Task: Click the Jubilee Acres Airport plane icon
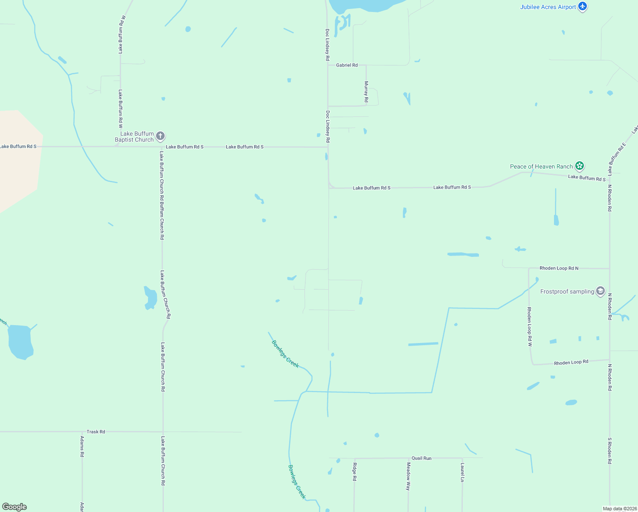(x=583, y=7)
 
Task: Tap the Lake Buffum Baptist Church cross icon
(x=160, y=137)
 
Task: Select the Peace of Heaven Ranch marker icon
(x=579, y=166)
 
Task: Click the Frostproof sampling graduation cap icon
(x=600, y=291)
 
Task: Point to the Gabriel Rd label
(x=347, y=65)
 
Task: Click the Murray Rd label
(x=366, y=92)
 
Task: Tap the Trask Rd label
(x=96, y=432)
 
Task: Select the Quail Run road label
(x=421, y=458)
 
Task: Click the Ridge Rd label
(x=354, y=471)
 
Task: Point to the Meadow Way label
(x=408, y=476)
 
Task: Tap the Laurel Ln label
(x=462, y=472)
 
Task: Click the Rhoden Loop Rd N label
(x=559, y=268)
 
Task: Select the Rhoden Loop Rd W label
(x=529, y=326)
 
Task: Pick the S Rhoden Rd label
(x=610, y=451)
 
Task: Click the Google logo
(x=14, y=507)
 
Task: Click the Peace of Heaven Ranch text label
(x=541, y=166)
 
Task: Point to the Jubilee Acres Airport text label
(x=548, y=7)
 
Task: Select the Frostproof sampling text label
(x=567, y=292)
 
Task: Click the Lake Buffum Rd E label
(x=617, y=159)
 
